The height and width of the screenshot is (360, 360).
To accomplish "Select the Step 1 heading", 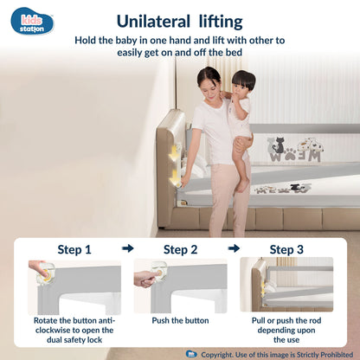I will coord(74,249).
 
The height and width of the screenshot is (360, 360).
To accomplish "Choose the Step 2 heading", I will coord(181,249).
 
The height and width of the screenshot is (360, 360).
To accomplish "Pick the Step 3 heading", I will coord(286,249).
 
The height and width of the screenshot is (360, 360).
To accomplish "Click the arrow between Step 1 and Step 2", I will coord(127,248).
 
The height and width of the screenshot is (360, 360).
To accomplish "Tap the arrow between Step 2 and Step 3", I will coord(234,248).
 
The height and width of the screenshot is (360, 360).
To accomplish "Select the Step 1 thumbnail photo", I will coord(74,286).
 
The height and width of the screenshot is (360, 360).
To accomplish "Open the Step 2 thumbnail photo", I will coord(181,286).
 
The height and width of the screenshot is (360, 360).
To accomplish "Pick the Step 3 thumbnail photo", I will coord(286,286).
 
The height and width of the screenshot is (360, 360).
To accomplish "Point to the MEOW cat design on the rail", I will coord(294,152).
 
